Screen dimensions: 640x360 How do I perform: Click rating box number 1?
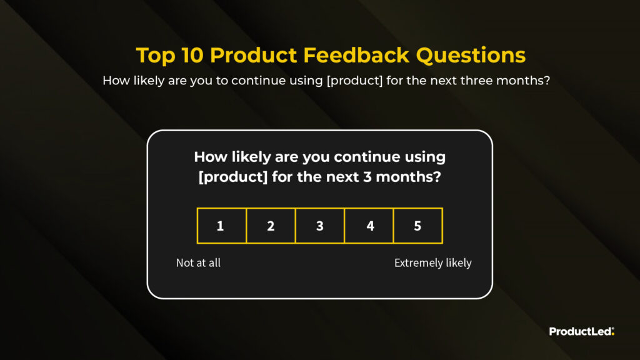click(222, 226)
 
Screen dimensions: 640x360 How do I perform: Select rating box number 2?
click(271, 226)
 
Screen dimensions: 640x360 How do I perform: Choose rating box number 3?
click(319, 226)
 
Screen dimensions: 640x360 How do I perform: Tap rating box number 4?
click(369, 226)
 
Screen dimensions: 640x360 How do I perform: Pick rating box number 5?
click(418, 226)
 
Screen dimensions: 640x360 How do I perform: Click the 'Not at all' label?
click(198, 263)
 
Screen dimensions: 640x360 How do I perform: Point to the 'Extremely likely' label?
click(433, 263)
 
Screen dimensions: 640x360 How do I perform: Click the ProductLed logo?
click(582, 331)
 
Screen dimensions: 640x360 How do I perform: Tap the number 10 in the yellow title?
click(192, 55)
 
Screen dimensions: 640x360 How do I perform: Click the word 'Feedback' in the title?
click(356, 55)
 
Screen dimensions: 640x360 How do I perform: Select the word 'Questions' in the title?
click(471, 56)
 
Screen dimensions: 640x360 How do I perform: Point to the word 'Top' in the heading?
click(155, 56)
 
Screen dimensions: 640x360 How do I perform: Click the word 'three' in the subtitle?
click(476, 81)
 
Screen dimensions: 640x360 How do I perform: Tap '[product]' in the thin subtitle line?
click(354, 81)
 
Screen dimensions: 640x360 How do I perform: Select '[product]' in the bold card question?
click(233, 177)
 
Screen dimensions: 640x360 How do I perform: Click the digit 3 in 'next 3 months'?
click(367, 177)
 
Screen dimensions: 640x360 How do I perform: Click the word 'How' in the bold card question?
click(211, 157)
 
